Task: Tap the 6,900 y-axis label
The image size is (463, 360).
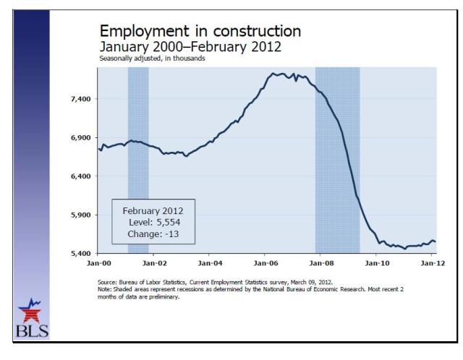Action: pyautogui.click(x=77, y=137)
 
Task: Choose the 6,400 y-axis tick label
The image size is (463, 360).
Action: pyautogui.click(x=77, y=176)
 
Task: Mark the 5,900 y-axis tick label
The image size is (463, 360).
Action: pyautogui.click(x=77, y=215)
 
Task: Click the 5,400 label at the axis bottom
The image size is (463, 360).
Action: pyautogui.click(x=77, y=254)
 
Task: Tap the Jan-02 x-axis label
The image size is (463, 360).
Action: pyautogui.click(x=154, y=264)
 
